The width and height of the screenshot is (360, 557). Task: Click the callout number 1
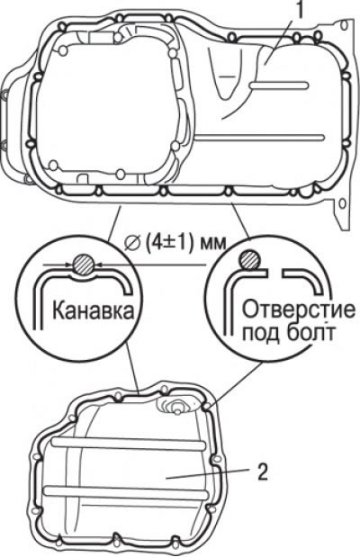pos(301,10)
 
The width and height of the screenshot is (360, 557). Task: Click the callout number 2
pos(262,472)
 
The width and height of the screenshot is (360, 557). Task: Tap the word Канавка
pos(94,310)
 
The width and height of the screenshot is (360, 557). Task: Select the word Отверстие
pos(298,310)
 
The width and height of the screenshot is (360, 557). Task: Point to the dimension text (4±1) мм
pos(185,243)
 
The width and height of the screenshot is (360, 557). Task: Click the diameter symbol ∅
pos(132,244)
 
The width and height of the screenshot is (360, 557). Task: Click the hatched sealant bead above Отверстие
pos(249,259)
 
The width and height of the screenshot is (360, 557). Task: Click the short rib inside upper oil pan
pos(279,85)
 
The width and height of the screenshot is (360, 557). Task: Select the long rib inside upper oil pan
pos(259,137)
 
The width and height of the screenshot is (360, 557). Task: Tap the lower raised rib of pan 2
pos(125,492)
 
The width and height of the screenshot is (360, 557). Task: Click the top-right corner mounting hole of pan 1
pos(343,25)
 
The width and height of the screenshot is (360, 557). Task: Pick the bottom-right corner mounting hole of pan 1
pos(342,204)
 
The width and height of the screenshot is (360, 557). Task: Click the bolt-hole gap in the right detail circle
pos(275,274)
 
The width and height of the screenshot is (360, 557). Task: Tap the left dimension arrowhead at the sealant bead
pos(69,265)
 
